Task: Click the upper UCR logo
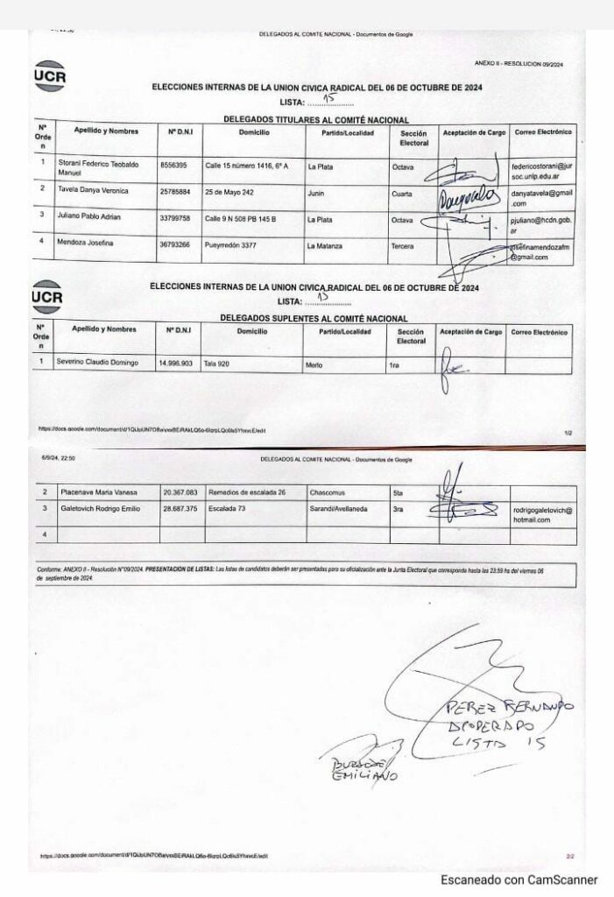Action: [49, 76]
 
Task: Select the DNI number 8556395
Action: [172, 165]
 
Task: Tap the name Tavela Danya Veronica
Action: [93, 190]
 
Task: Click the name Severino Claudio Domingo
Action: [97, 362]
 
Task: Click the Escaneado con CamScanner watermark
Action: [519, 879]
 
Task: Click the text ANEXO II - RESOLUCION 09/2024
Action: [517, 63]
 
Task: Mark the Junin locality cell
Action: [317, 190]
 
